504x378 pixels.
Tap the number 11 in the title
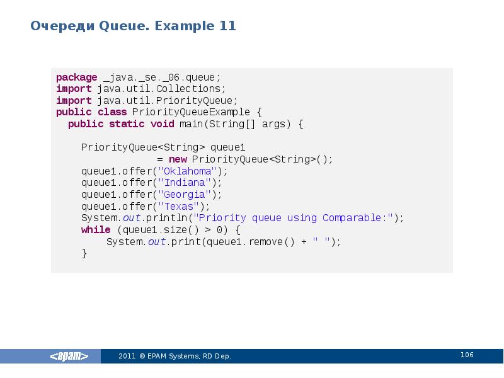point(227,26)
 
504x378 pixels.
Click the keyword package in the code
point(76,77)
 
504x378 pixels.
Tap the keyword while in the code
point(95,230)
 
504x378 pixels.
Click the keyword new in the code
point(177,159)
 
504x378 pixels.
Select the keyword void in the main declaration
point(163,124)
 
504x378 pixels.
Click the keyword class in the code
point(112,113)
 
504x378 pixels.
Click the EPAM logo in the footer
point(69,357)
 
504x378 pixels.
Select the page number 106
point(467,355)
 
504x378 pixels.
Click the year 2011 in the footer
point(127,357)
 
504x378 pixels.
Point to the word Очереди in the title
point(62,26)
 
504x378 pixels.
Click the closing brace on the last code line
point(84,253)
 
